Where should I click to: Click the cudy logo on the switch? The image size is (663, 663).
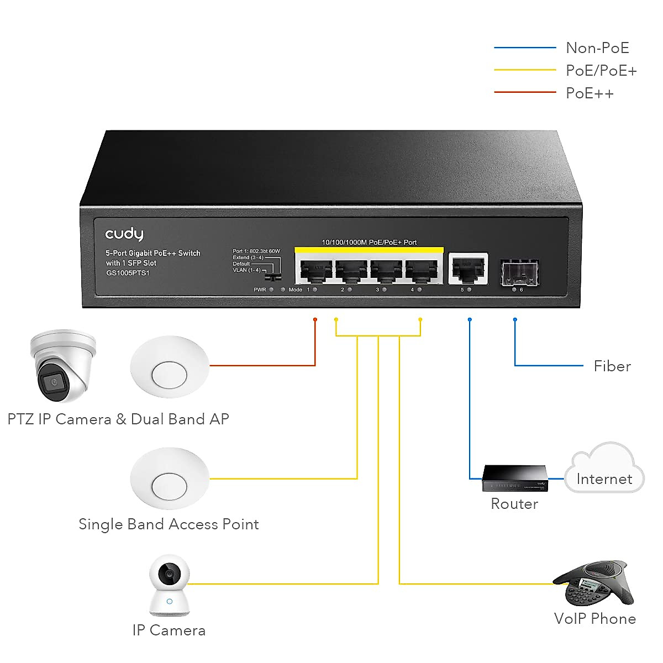coord(124,234)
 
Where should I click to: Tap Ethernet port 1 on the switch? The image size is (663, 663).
coord(316,270)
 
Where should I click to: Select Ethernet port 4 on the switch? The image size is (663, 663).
coord(422,270)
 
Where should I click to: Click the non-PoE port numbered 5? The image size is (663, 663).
coord(468,269)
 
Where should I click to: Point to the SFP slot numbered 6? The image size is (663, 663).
coord(519,272)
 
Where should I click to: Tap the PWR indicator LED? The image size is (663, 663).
coord(271,290)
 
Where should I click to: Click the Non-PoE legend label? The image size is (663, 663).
coord(597,48)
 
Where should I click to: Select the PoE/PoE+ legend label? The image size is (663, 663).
coord(601,71)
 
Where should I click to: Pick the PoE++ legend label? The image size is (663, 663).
coord(590,93)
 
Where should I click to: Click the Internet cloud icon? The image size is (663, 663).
coord(604,469)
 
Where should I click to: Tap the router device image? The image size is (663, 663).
coord(515,478)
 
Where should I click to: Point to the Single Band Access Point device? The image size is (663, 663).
coord(169,479)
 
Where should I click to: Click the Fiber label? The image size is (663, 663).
coord(612,366)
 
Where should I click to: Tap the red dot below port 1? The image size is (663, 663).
coord(315,319)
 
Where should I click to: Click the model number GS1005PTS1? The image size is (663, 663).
coord(128,273)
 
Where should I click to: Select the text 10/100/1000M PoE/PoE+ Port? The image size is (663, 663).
coord(369,243)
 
